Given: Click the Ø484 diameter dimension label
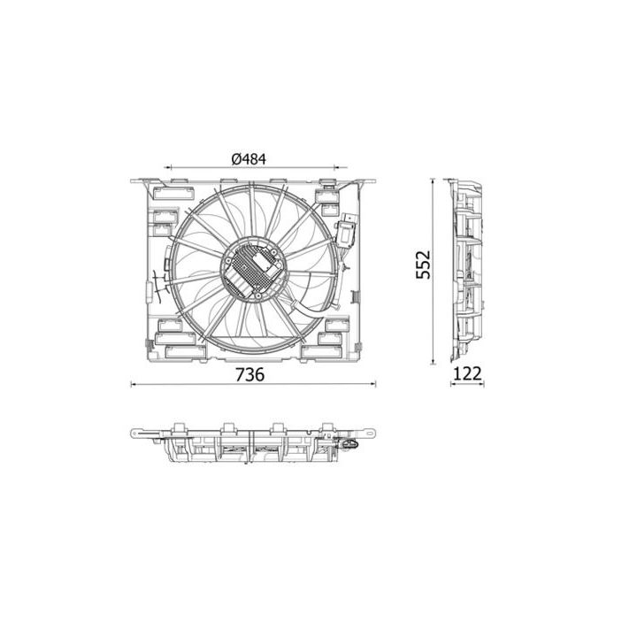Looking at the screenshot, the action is tap(249, 159).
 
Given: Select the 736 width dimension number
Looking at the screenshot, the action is tap(249, 374).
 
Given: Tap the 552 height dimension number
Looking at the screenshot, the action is tap(423, 265).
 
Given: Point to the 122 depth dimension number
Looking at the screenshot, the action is tap(467, 373).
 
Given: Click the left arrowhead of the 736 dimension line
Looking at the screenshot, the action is tap(134, 383).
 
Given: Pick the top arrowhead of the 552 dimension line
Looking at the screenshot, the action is tap(433, 181).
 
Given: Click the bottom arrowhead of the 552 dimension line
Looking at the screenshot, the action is tap(433, 361).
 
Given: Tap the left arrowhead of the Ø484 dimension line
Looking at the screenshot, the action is tap(169, 167).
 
